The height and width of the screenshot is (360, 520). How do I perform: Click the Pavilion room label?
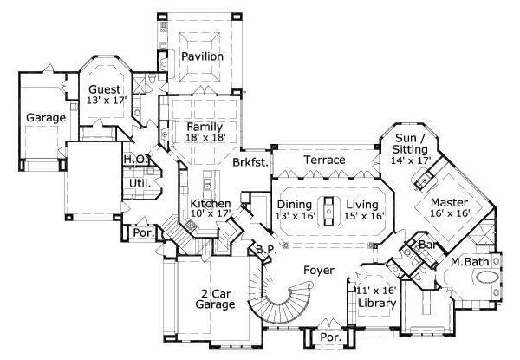pyautogui.click(x=202, y=56)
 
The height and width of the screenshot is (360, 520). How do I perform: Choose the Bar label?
pyautogui.click(x=426, y=245)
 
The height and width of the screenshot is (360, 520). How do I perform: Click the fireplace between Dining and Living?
pyautogui.click(x=330, y=211)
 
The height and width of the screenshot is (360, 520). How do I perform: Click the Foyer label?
pyautogui.click(x=318, y=270)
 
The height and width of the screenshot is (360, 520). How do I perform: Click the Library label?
pyautogui.click(x=376, y=303)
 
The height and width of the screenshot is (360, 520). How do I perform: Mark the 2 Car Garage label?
pyautogui.click(x=214, y=299)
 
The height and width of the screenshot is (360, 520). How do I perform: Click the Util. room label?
pyautogui.click(x=140, y=183)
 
